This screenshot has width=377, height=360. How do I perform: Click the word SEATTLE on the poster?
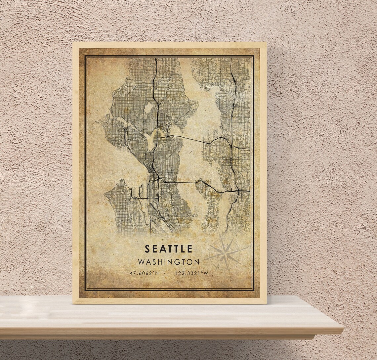click(x=168, y=248)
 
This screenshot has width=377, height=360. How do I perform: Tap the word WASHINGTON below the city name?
click(x=169, y=262)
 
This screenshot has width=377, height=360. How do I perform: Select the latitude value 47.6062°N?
click(x=144, y=273)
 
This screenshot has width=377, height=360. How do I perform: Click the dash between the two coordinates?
click(x=165, y=273)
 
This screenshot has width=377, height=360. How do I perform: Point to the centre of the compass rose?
click(x=225, y=254)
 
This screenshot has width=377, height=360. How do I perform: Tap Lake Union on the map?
click(x=152, y=139)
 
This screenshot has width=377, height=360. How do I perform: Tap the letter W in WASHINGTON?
click(x=141, y=262)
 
